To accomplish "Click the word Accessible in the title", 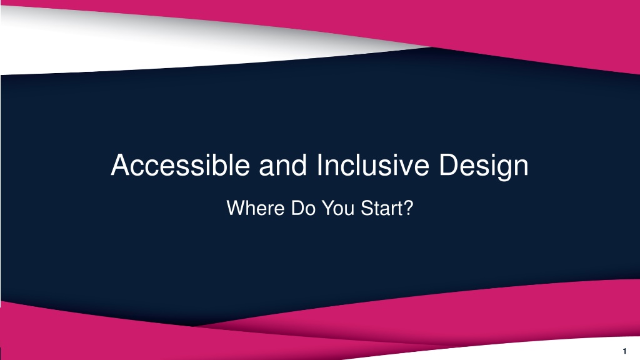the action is click(180, 165).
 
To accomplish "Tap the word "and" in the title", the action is click(283, 165).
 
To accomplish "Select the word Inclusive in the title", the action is click(372, 165).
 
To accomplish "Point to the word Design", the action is click(484, 166).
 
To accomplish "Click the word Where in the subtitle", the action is click(256, 207).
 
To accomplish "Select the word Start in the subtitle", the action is click(379, 207).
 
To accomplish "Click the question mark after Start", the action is click(407, 207).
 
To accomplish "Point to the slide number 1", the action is click(624, 351).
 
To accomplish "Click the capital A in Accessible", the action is click(121, 165).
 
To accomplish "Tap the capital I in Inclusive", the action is click(319, 165).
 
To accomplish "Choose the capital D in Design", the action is click(449, 165).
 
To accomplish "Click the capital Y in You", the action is click(329, 207).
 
